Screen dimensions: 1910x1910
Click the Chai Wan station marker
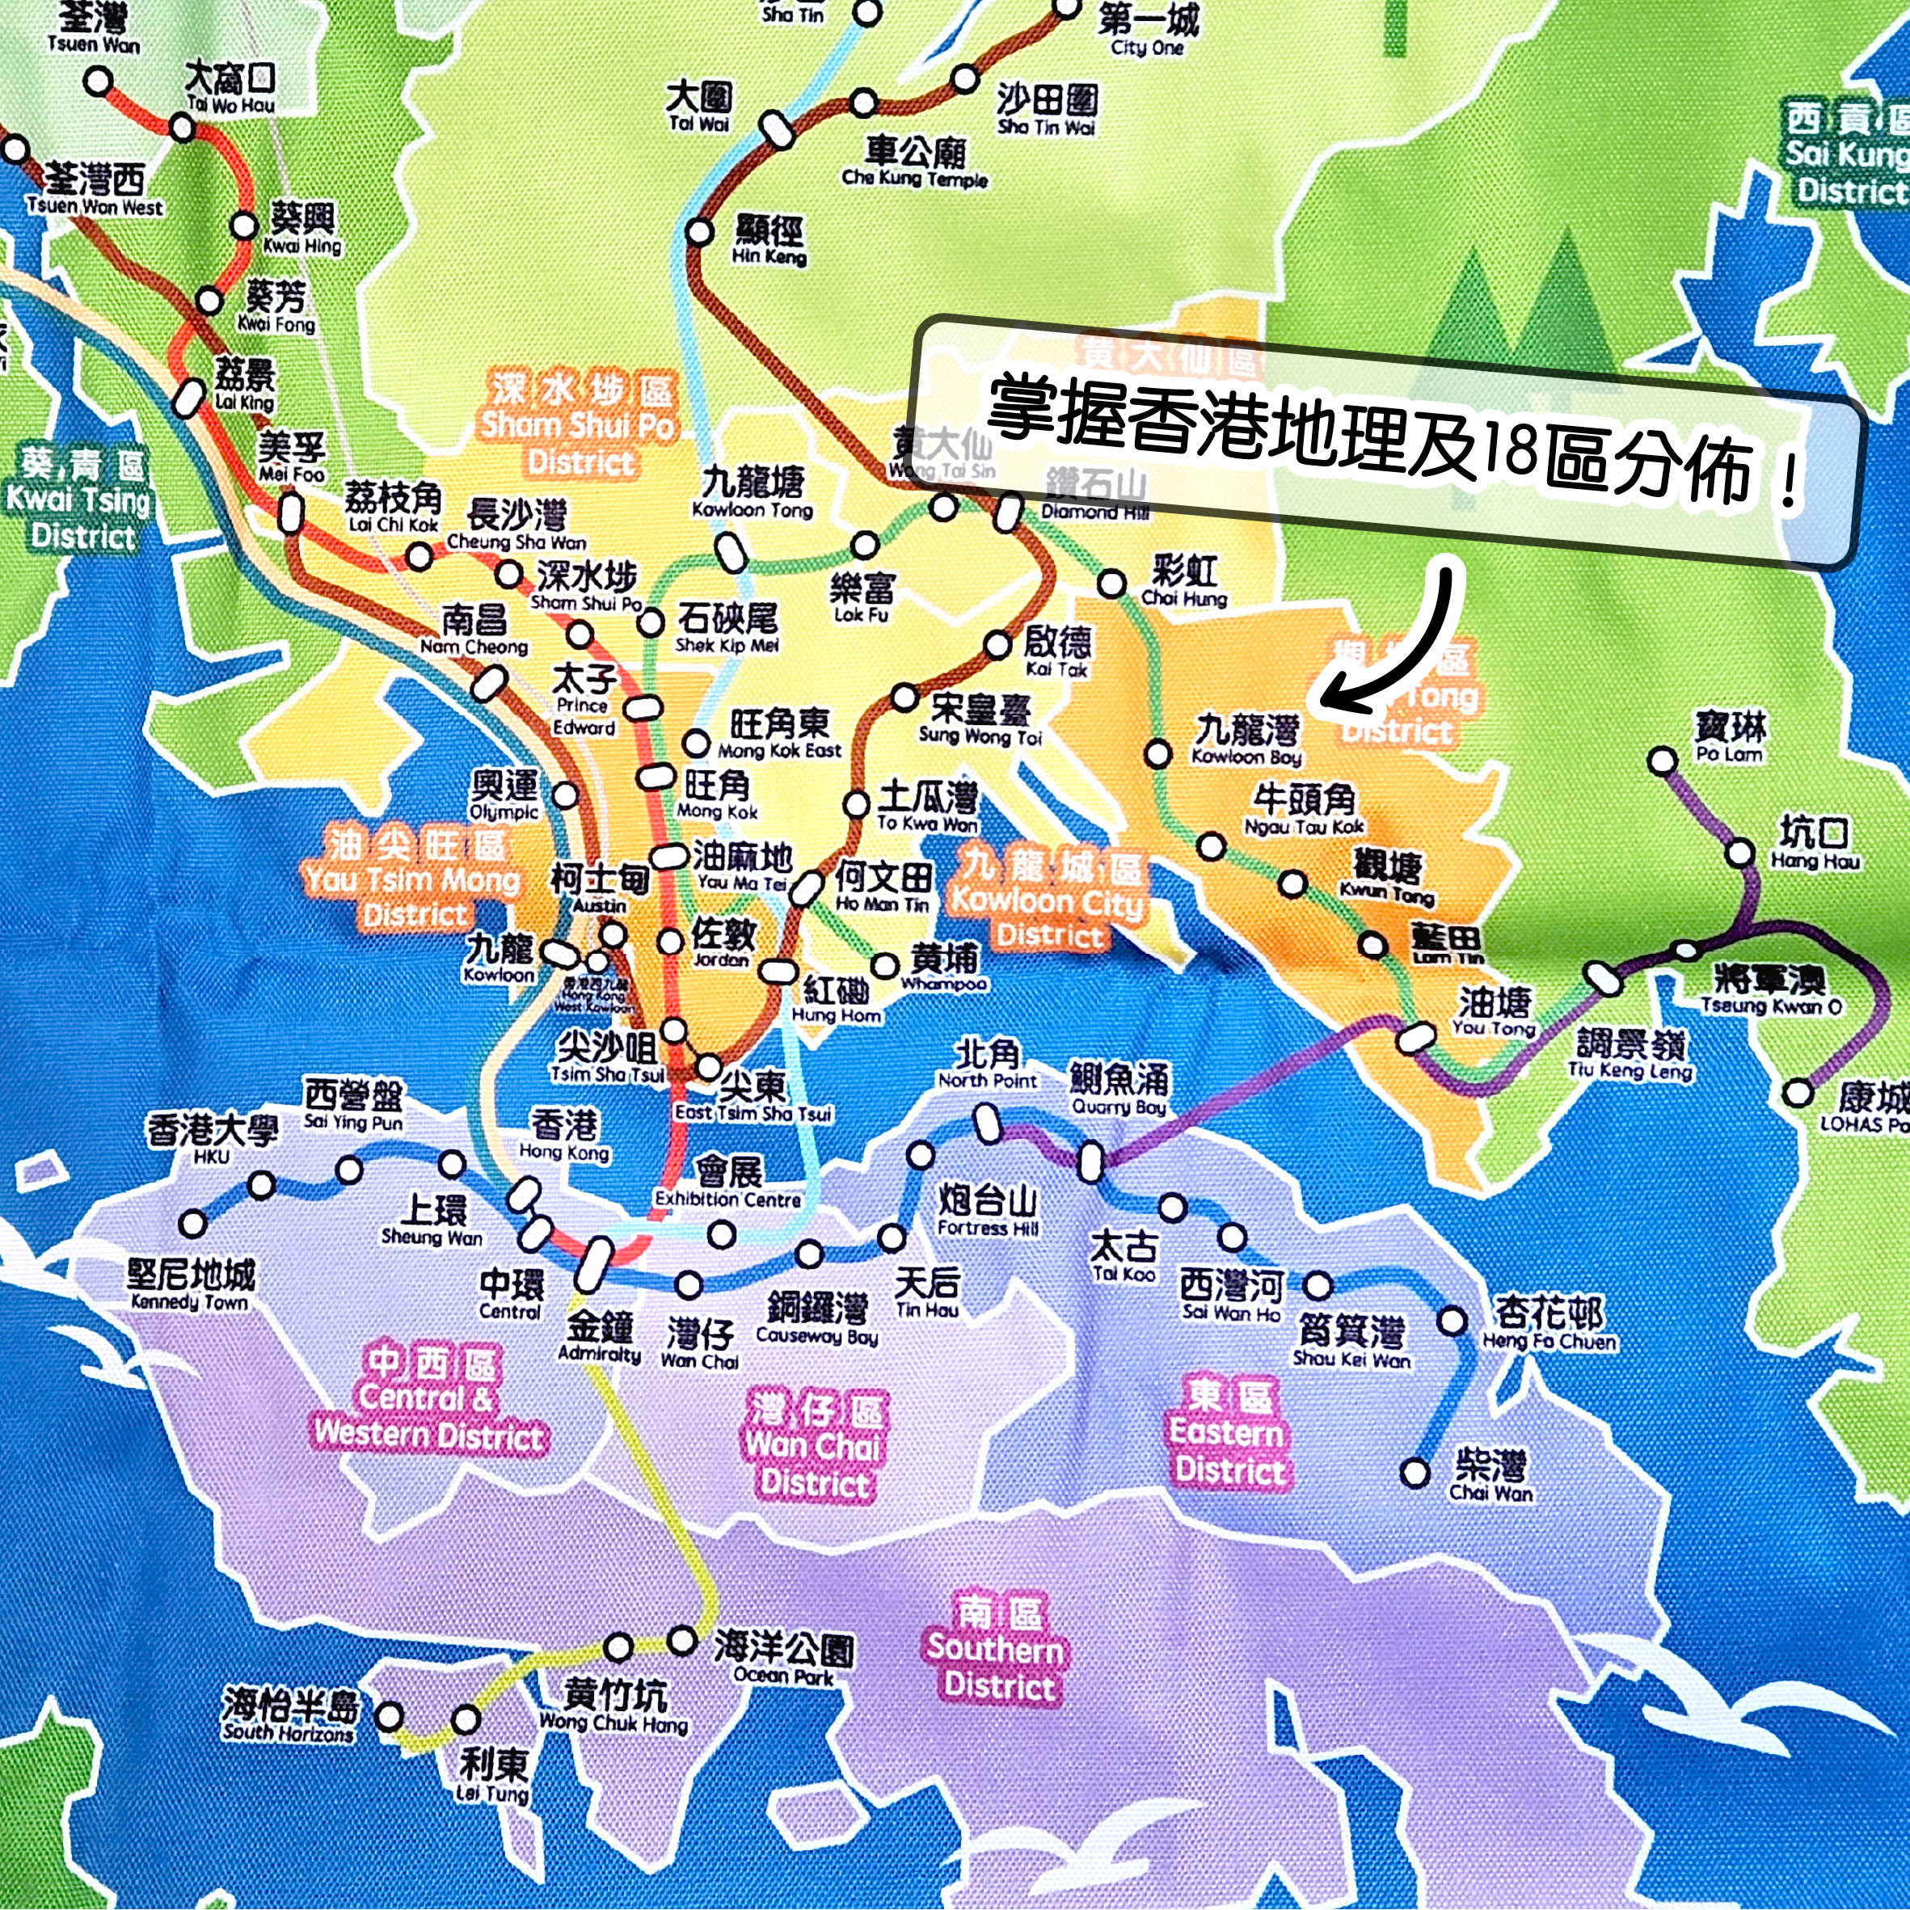click(1415, 1473)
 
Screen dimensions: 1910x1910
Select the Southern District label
click(997, 1649)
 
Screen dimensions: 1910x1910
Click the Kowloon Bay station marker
click(1157, 754)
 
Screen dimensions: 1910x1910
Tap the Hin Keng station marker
click(699, 232)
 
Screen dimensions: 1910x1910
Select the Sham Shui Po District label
click(580, 426)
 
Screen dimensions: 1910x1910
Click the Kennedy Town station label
click(190, 1285)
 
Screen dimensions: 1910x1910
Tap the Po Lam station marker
click(1663, 761)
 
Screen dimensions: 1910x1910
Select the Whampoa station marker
click(885, 966)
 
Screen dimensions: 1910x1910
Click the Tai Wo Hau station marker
click(182, 127)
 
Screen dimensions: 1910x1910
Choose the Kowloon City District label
click(1048, 900)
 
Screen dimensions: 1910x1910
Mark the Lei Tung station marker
click(466, 1720)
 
